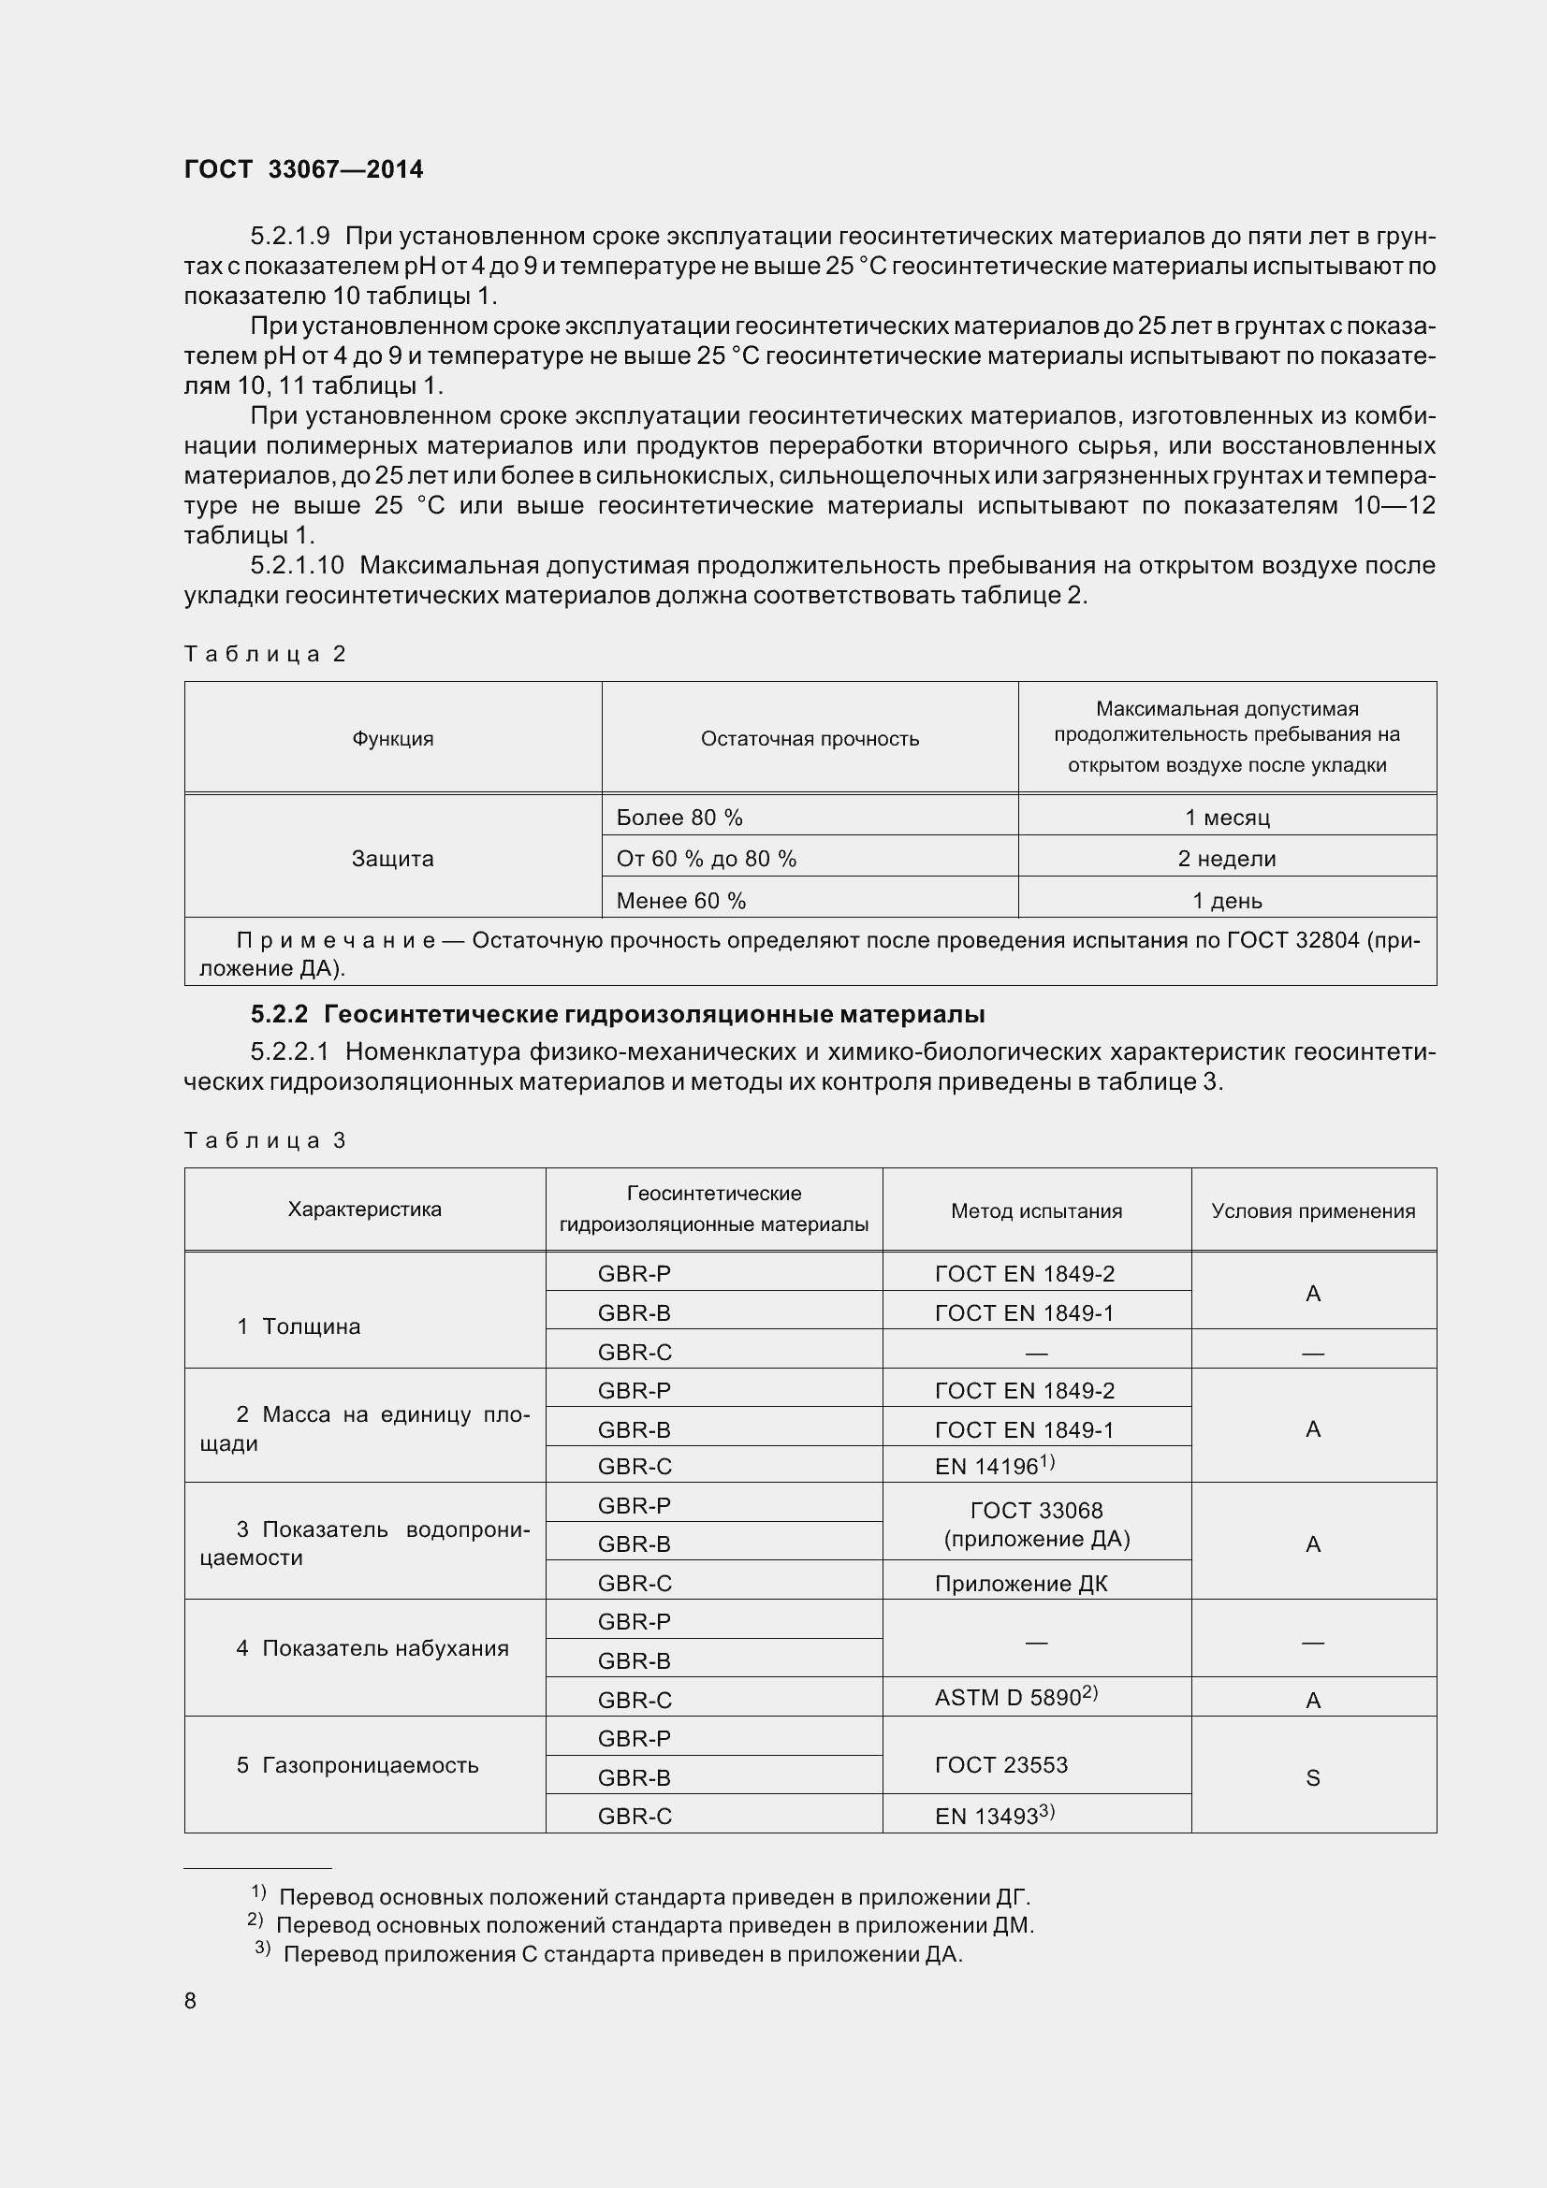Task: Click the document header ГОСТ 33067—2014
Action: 303,169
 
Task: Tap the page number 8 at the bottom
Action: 191,2000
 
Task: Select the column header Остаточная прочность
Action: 810,739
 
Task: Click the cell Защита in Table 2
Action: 393,859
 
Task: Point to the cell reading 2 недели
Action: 1226,859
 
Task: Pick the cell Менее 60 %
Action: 680,901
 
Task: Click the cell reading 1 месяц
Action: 1226,818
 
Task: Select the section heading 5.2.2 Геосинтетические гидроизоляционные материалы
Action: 618,1014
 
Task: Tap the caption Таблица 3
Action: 264,1140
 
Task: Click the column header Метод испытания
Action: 1036,1211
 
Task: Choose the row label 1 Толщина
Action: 299,1326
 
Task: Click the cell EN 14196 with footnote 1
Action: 993,1466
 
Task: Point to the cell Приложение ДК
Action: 1021,1584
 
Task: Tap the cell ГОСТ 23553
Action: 1000,1765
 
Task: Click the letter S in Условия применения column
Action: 1312,1778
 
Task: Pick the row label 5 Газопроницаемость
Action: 358,1765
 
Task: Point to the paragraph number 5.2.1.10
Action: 297,566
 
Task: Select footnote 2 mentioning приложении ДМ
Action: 640,1925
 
